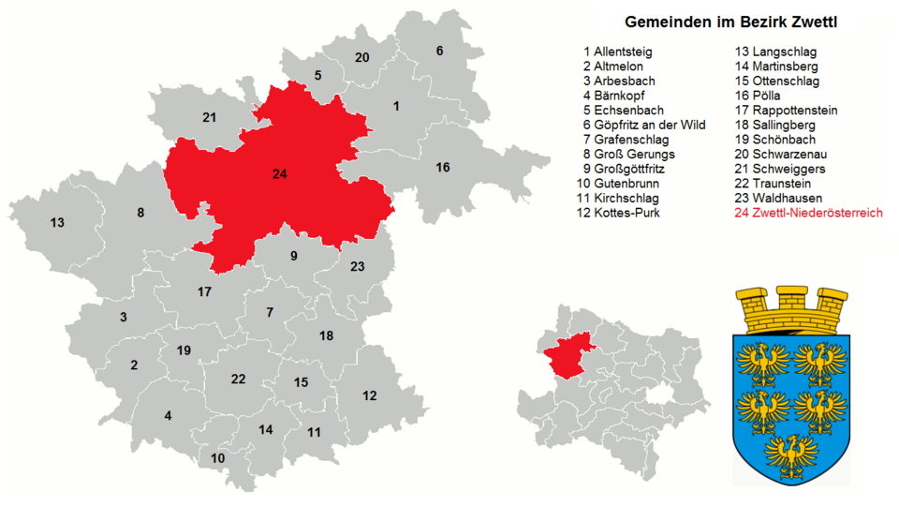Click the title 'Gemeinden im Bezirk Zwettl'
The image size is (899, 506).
730,22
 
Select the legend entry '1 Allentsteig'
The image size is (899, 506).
617,52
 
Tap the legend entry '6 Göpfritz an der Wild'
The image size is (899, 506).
643,125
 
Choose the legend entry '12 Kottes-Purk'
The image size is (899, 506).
618,213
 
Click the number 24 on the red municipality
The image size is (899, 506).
279,174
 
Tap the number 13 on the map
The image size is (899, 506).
57,222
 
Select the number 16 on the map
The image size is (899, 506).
442,167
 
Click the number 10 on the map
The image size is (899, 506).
217,458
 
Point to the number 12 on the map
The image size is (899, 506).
370,395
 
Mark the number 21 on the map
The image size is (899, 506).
209,117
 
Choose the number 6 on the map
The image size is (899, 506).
439,51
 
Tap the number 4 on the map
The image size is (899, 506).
168,416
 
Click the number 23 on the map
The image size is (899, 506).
357,266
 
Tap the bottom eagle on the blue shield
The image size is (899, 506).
792,450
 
